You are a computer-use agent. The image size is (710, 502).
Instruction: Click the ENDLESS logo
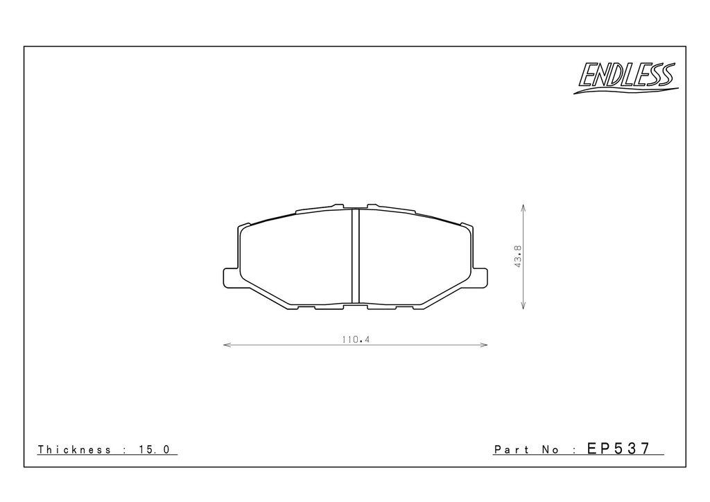[x=626, y=77]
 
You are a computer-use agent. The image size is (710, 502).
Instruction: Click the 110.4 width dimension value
[x=356, y=339]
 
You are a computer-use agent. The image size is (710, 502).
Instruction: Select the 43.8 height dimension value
[x=518, y=257]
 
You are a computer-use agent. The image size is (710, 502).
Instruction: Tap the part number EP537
[x=618, y=448]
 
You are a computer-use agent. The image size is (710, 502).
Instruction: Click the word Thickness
[x=74, y=449]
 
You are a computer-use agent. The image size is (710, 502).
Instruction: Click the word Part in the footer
[x=512, y=449]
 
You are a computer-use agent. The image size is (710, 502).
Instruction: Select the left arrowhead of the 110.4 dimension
[x=227, y=345]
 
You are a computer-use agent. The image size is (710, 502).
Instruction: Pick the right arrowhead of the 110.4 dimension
[x=484, y=345]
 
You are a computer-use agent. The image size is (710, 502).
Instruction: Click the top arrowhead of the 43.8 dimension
[x=523, y=208]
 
